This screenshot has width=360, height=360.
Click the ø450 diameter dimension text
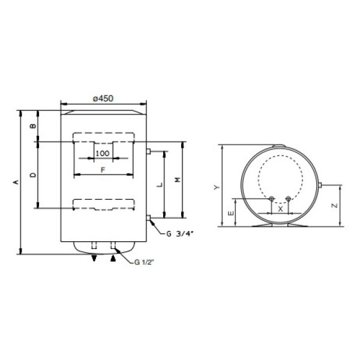tap(103, 98)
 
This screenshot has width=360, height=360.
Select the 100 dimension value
tap(103, 154)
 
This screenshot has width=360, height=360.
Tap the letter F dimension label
tap(103, 170)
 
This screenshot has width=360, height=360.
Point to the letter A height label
tap(16, 182)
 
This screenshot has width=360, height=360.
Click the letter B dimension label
tap(33, 126)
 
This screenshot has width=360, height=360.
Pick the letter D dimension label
tap(33, 175)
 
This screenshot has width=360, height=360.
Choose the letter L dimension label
tap(160, 184)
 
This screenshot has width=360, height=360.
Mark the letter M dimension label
tap(178, 180)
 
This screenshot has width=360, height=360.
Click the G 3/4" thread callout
tap(180, 234)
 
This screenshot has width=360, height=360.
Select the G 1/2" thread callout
tap(143, 262)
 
